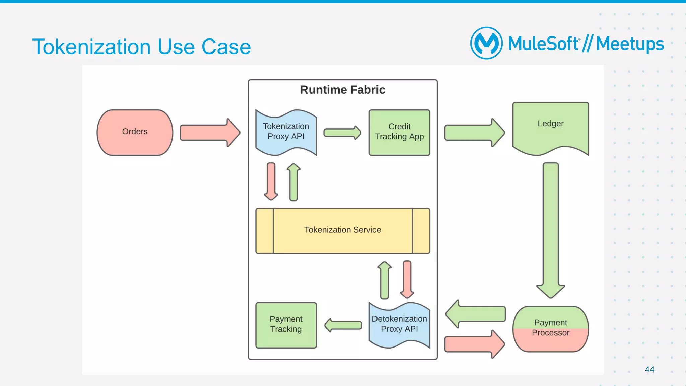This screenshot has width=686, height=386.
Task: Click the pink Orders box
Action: click(135, 132)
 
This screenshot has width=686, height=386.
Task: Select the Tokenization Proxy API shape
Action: click(286, 132)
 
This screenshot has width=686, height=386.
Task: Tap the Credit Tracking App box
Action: click(399, 132)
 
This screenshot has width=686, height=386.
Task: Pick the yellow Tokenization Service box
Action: click(342, 230)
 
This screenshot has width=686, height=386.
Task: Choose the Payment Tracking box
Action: click(286, 325)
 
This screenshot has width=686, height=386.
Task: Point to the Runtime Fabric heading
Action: click(342, 90)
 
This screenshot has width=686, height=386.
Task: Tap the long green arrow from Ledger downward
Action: click(550, 228)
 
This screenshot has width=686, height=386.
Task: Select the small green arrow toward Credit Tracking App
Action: click(342, 133)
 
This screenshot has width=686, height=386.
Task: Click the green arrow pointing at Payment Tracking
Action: click(343, 325)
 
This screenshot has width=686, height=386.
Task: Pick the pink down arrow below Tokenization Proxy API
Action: click(271, 181)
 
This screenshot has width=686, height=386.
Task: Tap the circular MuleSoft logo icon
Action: click(486, 43)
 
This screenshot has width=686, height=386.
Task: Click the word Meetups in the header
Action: click(630, 44)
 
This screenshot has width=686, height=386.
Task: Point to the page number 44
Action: click(649, 369)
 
